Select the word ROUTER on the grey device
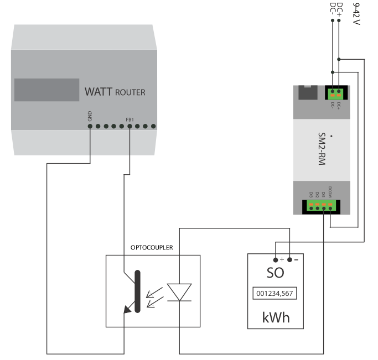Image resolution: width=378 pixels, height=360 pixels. [x=130, y=92]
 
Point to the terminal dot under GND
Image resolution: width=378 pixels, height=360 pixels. [x=90, y=126]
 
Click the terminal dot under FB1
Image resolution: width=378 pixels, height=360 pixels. [x=129, y=126]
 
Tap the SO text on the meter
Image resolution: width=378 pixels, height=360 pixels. [x=275, y=273]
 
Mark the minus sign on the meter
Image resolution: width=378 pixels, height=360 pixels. [x=296, y=259]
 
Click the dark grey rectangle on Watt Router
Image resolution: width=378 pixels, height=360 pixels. [x=47, y=90]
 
